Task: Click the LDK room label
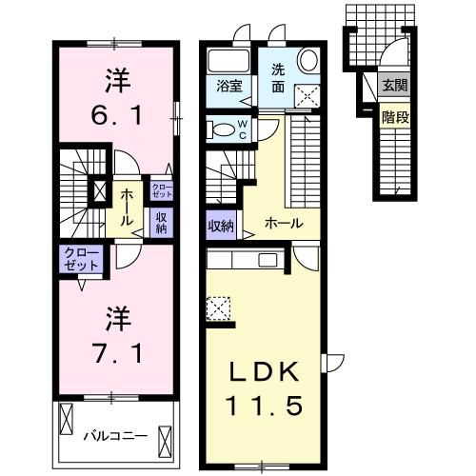264,371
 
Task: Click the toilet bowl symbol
218,129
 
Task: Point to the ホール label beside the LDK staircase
284,224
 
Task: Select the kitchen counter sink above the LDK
267,260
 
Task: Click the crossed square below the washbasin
307,93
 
